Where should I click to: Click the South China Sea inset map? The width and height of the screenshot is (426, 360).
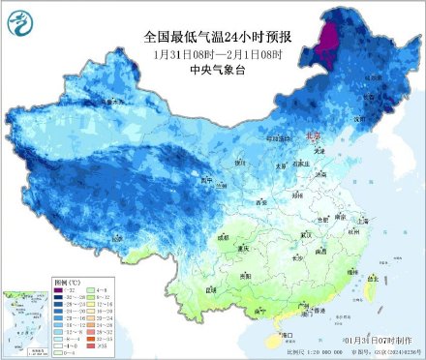tap(24, 318)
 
